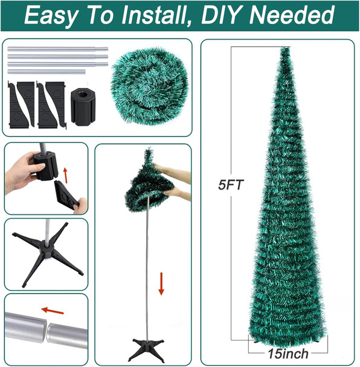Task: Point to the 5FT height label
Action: [x=231, y=186]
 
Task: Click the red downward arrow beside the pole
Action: [x=162, y=283]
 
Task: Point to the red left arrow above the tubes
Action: [x=53, y=311]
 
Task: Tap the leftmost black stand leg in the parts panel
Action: [x=21, y=104]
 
